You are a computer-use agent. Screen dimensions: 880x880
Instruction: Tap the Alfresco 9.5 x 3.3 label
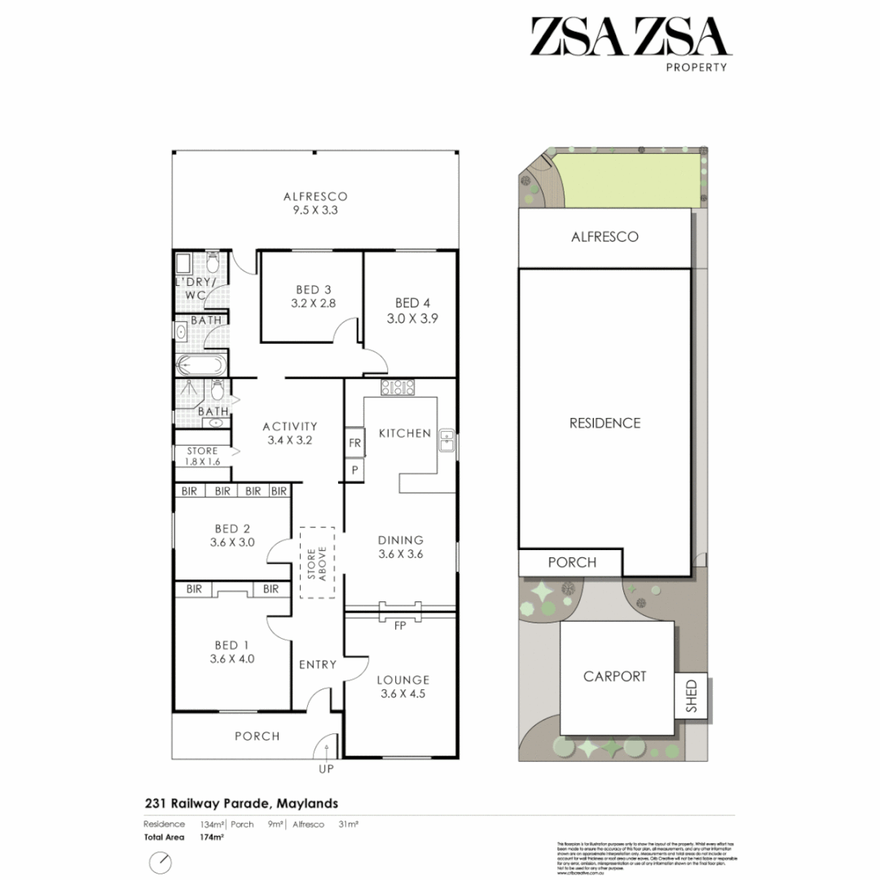tap(315, 203)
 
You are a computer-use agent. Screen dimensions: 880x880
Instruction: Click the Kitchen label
tap(405, 433)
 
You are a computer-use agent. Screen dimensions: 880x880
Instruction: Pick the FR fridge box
tap(354, 443)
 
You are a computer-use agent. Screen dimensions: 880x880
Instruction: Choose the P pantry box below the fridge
tap(354, 470)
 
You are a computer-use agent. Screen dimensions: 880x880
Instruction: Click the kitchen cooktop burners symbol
tap(398, 388)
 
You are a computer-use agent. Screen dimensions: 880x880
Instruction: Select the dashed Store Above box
tap(317, 562)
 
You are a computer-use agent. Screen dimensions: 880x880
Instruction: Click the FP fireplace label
tap(400, 627)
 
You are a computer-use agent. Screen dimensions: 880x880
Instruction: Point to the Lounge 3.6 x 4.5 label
tap(403, 687)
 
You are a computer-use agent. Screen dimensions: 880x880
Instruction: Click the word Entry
tap(317, 664)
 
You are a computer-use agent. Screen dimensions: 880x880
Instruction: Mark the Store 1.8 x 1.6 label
tap(202, 455)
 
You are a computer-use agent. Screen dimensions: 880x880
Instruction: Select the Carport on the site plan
tap(615, 676)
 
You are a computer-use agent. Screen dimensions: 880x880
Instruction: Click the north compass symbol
tap(161, 862)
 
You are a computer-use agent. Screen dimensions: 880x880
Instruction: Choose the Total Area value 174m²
tap(189, 837)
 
